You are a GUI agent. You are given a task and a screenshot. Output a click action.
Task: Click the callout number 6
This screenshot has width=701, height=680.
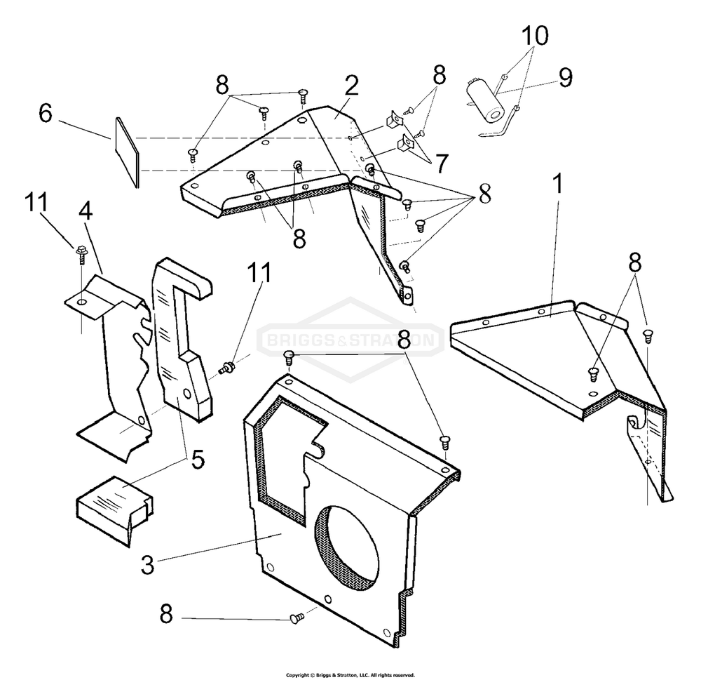[45, 113]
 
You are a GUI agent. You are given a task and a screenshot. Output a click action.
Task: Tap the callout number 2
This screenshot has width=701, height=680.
[351, 86]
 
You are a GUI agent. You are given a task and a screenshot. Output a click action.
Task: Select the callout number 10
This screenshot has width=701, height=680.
[535, 35]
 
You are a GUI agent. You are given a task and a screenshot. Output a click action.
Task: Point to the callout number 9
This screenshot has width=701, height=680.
[566, 77]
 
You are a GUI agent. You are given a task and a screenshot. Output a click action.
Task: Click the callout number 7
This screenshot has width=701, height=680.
[442, 164]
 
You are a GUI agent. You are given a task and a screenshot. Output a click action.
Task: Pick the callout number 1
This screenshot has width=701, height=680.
[557, 184]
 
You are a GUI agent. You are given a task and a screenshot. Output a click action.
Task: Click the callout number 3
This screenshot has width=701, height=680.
[147, 564]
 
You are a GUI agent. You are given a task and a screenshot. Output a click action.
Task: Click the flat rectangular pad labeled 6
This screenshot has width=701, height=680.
[128, 152]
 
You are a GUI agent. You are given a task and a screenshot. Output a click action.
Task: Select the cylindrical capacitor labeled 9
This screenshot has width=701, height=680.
[486, 102]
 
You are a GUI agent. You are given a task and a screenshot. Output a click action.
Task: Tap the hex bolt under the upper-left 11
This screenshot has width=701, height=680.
[81, 253]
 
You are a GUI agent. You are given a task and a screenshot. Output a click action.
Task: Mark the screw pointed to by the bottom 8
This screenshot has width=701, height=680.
[297, 618]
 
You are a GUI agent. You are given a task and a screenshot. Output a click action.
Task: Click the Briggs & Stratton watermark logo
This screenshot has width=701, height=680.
[351, 340]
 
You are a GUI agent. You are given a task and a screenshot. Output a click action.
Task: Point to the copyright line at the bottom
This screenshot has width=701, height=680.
[350, 675]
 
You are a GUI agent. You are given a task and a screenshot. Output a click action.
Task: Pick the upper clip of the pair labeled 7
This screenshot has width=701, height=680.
[392, 119]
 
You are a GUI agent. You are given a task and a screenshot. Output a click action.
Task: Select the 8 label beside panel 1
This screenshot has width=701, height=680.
[635, 262]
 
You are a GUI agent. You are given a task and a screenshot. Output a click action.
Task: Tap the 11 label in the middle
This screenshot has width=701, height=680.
[259, 272]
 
